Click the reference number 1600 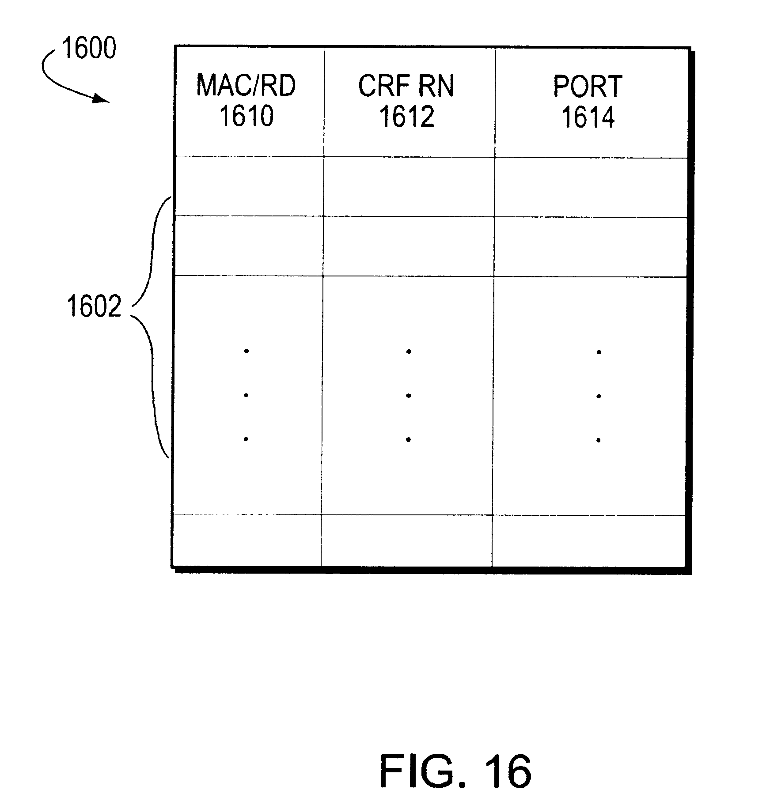89,49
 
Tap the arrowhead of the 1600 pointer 102,99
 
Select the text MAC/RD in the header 246,86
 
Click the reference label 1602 94,306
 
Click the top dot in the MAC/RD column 246,351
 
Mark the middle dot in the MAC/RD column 246,395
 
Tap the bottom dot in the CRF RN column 409,439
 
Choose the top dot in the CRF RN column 409,351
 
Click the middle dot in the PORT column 599,396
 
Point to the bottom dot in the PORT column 599,440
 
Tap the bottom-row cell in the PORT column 589,540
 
